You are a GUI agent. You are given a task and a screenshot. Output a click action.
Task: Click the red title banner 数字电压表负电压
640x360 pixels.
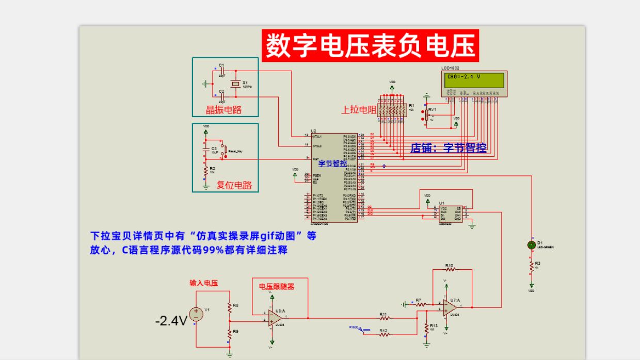click(x=370, y=46)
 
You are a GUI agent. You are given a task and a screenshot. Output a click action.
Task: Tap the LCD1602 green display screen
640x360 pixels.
click(x=475, y=80)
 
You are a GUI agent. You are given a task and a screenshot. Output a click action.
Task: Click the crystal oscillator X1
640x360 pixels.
click(x=236, y=83)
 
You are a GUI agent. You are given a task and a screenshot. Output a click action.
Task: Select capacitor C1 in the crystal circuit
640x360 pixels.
click(x=222, y=70)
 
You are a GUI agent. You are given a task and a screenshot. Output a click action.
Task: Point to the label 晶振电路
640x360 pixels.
click(x=224, y=109)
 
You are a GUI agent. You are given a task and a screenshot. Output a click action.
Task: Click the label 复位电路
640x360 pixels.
click(x=234, y=185)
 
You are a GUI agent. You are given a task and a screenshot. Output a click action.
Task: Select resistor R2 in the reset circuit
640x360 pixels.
click(x=206, y=170)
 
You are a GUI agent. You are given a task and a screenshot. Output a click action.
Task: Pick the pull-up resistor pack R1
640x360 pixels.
click(x=392, y=110)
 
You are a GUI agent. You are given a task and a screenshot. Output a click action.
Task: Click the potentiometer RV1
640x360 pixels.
click(x=426, y=114)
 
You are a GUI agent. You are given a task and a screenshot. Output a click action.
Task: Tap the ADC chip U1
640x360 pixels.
click(x=450, y=214)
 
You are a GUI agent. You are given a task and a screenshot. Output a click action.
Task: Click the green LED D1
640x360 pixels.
click(x=531, y=245)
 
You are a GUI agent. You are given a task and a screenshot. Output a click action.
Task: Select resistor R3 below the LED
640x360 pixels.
click(x=531, y=266)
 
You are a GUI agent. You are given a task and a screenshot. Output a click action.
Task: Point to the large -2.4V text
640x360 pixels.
click(x=171, y=321)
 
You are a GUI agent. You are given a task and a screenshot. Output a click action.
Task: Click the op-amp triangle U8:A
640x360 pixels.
click(x=274, y=318)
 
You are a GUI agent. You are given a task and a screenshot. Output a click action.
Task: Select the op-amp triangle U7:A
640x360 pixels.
click(x=448, y=307)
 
